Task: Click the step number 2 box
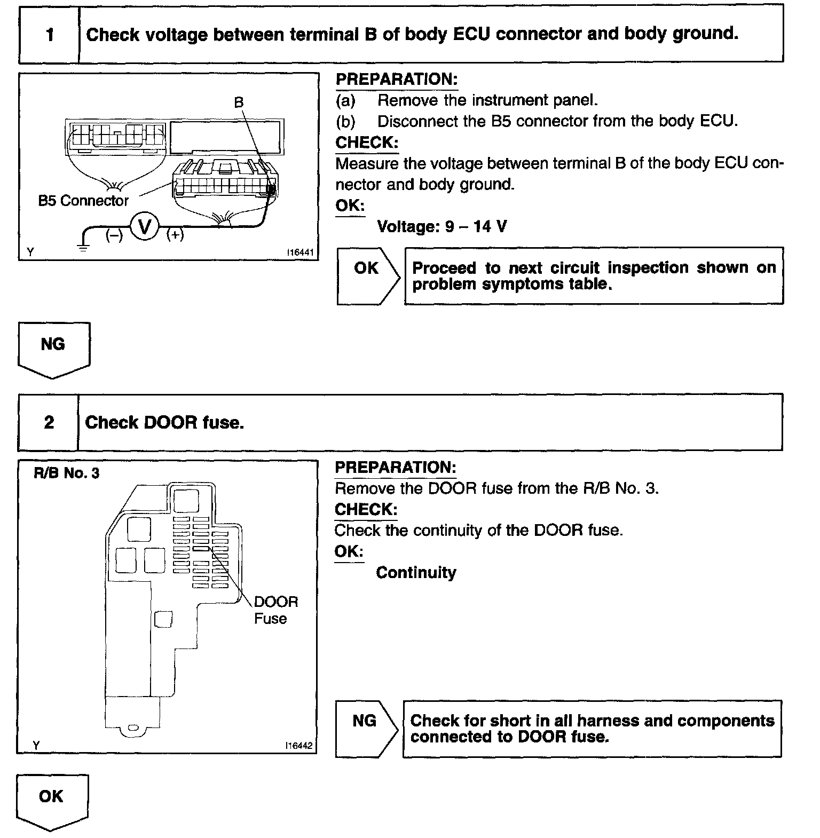tap(49, 423)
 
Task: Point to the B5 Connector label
tap(83, 201)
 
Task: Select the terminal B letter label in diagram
tap(239, 102)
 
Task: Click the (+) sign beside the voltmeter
tap(175, 235)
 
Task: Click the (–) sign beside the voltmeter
tap(114, 235)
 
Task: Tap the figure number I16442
tap(299, 746)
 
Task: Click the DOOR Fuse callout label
tap(275, 610)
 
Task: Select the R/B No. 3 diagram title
tap(66, 473)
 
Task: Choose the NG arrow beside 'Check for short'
tap(366, 728)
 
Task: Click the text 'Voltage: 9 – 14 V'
tap(441, 227)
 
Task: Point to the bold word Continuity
tap(416, 573)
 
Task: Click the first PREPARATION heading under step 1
tap(397, 80)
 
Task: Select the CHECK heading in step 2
tap(366, 510)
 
